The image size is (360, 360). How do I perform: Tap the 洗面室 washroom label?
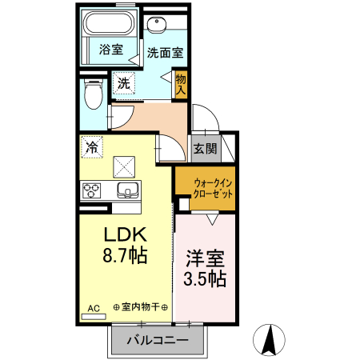[166, 53]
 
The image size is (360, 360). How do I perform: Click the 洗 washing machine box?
[123, 82]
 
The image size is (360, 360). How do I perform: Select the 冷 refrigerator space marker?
[92, 147]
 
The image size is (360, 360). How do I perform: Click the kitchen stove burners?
[92, 190]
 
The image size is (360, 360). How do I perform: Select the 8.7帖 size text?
[123, 257]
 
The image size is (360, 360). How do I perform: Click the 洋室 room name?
[205, 259]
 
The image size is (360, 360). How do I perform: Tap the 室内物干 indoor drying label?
[141, 307]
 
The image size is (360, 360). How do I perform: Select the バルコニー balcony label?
[157, 341]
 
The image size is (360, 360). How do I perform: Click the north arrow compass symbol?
[270, 341]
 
